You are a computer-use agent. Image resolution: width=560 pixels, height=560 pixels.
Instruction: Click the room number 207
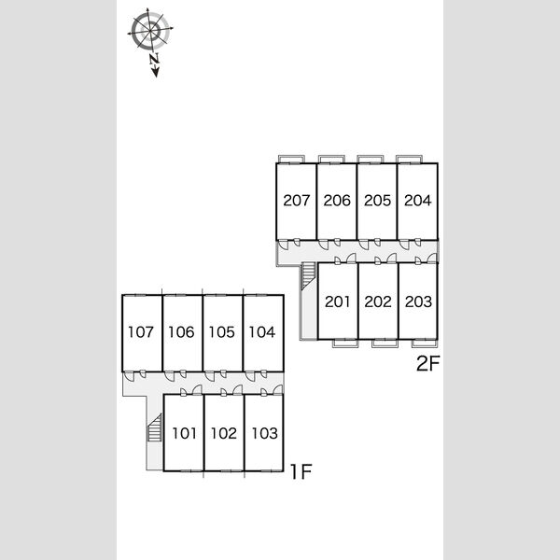click(297, 201)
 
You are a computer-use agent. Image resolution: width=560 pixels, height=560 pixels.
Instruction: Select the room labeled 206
click(337, 201)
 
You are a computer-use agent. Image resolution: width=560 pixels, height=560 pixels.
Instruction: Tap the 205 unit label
click(377, 201)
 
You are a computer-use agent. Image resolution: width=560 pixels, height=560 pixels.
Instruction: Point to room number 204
click(418, 201)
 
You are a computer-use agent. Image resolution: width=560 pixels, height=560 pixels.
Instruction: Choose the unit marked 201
click(337, 301)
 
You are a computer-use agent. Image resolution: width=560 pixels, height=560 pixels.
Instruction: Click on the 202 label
click(378, 301)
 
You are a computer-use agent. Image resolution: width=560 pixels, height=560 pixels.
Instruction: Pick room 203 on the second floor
click(418, 301)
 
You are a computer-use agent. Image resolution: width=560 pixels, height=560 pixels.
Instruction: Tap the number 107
click(141, 332)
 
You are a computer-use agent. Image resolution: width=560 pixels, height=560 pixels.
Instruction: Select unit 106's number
click(181, 332)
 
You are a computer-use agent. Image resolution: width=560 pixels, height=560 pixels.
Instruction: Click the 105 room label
click(221, 332)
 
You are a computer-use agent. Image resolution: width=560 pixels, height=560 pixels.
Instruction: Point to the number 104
click(262, 332)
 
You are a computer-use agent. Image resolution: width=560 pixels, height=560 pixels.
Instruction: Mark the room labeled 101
click(184, 434)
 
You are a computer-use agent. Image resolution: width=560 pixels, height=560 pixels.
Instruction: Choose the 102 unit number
click(224, 434)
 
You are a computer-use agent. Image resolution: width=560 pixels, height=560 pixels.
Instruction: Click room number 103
click(265, 434)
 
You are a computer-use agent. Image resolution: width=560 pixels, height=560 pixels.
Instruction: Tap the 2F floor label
click(427, 364)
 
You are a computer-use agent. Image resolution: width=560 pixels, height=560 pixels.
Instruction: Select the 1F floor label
click(301, 471)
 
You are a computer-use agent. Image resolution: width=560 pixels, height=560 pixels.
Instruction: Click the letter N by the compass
click(154, 59)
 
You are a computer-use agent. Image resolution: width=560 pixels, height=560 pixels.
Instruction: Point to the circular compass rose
click(150, 30)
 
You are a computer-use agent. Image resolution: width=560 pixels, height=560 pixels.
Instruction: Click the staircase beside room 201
click(309, 275)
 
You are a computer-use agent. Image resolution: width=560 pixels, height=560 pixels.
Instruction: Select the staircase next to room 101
click(155, 427)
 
